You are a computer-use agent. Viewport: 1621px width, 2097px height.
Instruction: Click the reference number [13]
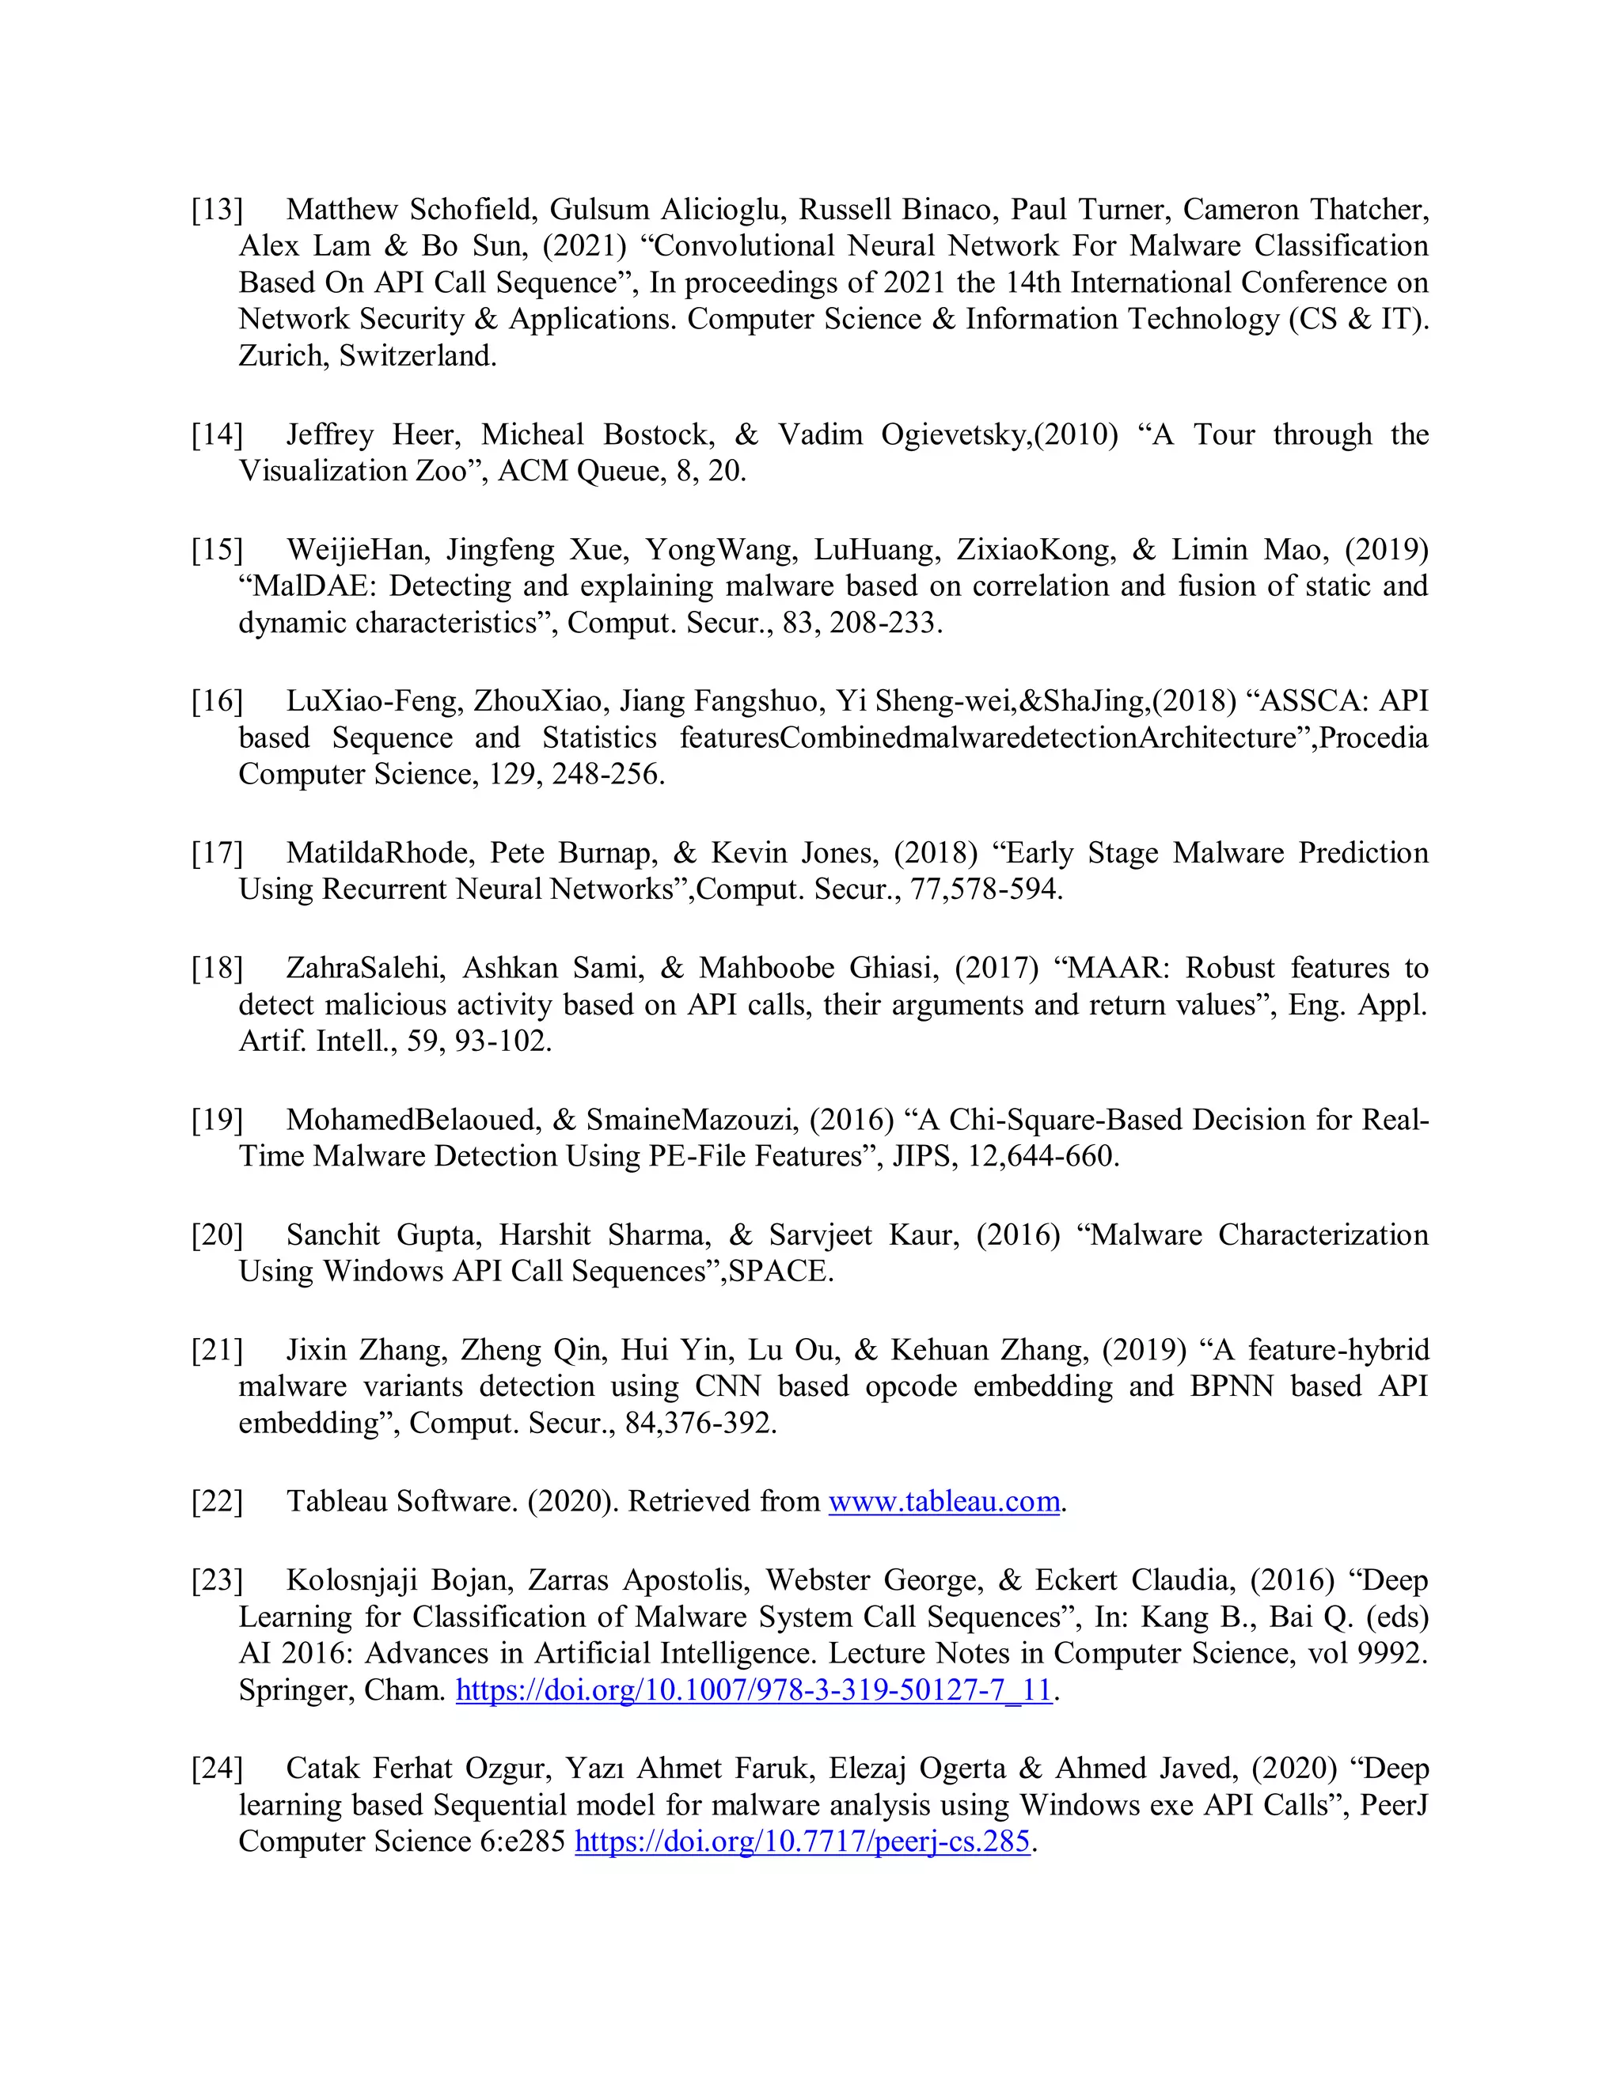click(217, 210)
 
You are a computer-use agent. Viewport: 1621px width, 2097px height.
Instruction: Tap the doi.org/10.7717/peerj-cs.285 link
click(802, 1841)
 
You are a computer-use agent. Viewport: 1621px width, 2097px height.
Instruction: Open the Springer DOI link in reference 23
click(754, 1690)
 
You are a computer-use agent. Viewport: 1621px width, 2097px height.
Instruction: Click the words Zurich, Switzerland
click(366, 355)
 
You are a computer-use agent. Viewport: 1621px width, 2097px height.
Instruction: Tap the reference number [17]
click(217, 852)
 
